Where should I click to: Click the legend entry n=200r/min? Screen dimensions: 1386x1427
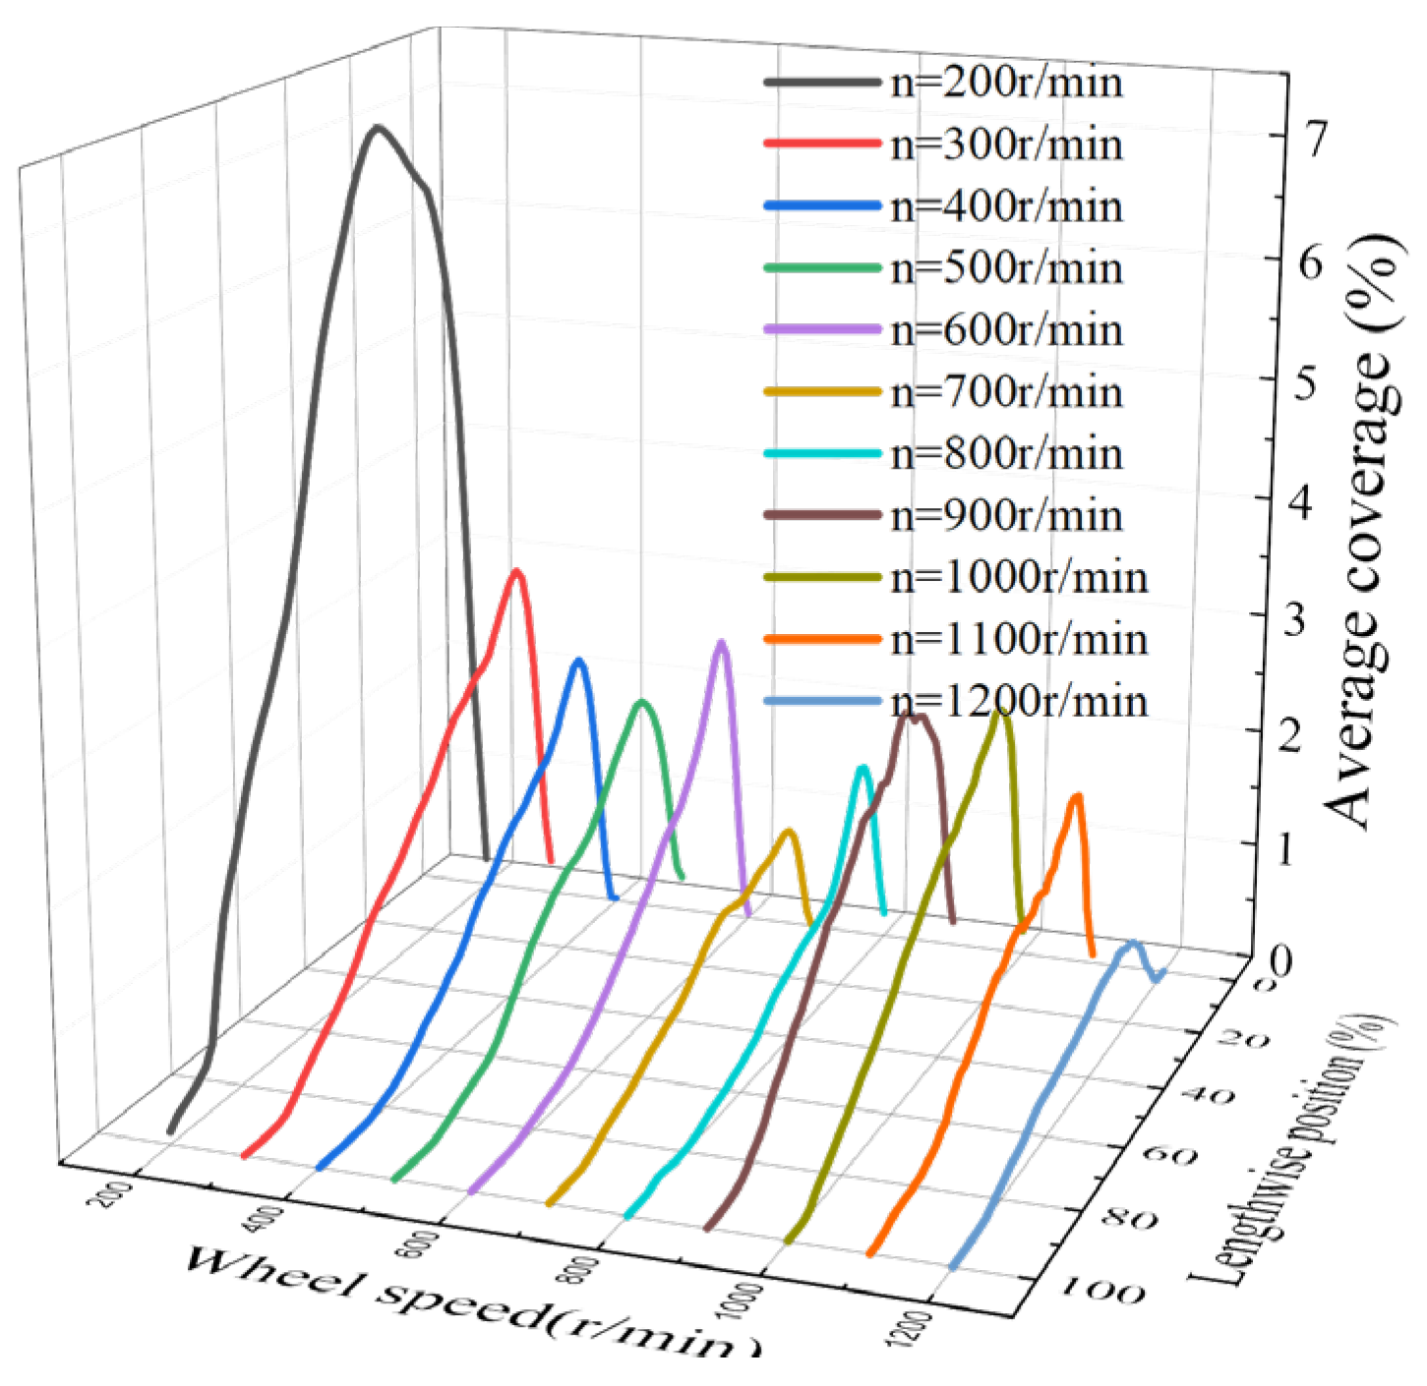tap(1005, 83)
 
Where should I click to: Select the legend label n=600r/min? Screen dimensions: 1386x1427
tap(1005, 330)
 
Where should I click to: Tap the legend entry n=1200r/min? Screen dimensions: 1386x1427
tap(1018, 702)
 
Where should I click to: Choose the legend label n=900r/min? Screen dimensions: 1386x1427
tap(1005, 516)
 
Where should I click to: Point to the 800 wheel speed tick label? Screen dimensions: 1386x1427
tap(583, 1269)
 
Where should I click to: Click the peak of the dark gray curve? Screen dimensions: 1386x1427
tap(377, 128)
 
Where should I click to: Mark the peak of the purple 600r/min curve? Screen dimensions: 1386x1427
tap(722, 643)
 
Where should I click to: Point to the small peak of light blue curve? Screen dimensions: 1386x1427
tap(1133, 943)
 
